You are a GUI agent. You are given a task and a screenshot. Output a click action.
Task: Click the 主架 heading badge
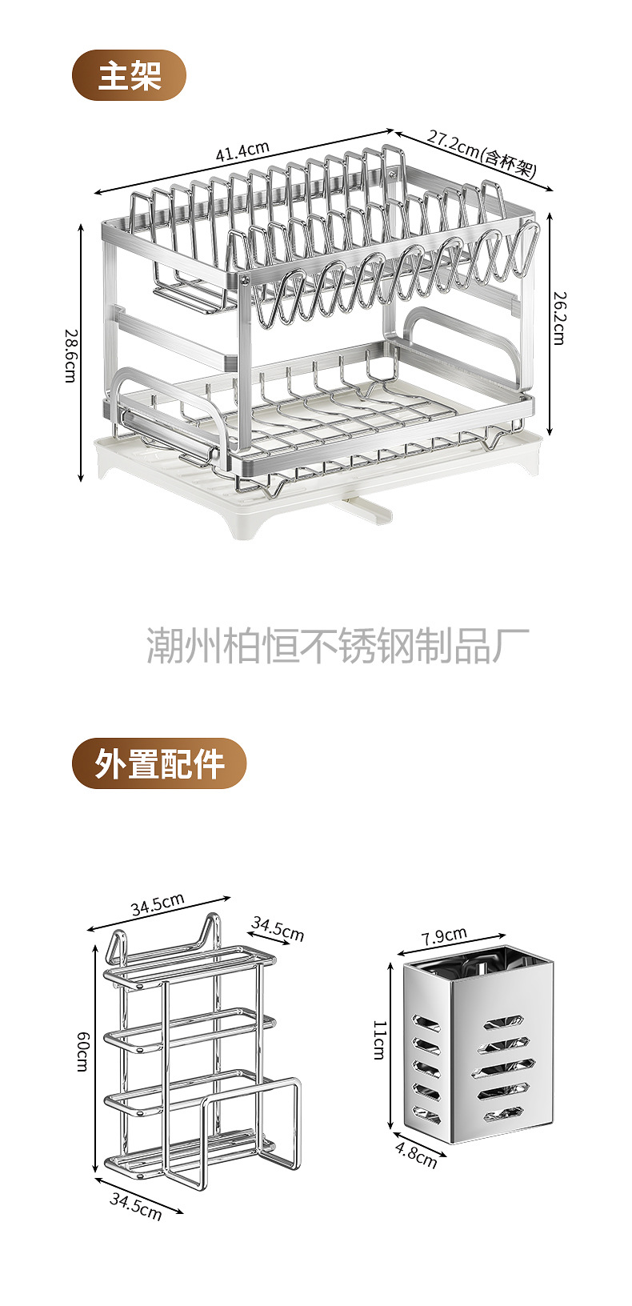point(130,75)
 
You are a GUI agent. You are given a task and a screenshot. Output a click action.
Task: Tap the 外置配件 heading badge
point(159,763)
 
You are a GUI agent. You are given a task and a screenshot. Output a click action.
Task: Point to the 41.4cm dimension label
point(242,150)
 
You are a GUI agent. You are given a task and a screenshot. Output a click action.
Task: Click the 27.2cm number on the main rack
point(452,144)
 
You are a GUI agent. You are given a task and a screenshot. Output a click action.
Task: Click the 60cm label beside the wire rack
point(83,1051)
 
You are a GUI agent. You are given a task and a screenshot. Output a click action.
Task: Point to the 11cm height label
point(378,1040)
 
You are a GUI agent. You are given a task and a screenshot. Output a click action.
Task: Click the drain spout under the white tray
point(363,509)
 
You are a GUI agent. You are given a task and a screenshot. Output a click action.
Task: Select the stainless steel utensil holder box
point(474,1045)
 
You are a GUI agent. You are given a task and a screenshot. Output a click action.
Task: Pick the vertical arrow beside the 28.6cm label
point(82,352)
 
